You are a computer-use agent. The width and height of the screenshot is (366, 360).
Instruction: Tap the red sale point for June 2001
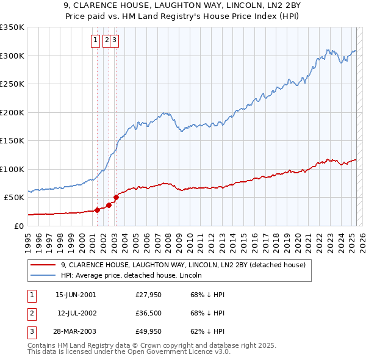pyautogui.click(x=97, y=210)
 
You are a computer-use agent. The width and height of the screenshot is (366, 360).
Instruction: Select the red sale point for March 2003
pyautogui.click(x=116, y=198)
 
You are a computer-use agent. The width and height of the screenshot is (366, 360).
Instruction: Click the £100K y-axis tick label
pyautogui.click(x=12, y=169)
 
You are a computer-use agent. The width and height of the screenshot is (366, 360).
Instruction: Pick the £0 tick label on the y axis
pyautogui.click(x=19, y=226)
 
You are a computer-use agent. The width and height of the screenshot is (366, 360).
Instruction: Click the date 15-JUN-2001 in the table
pyautogui.click(x=76, y=295)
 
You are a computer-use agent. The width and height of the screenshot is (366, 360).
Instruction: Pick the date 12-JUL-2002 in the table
pyautogui.click(x=76, y=313)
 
